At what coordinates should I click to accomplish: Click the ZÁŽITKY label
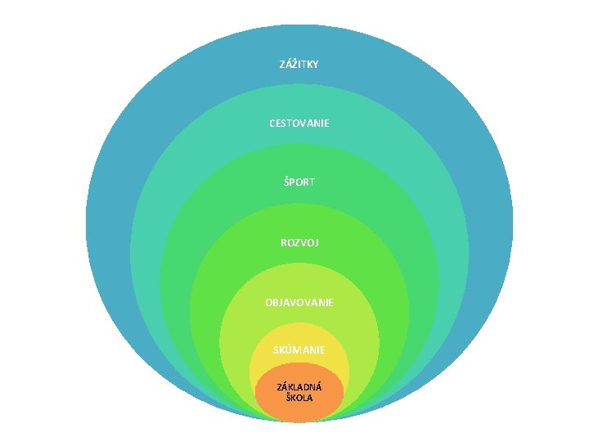[x=299, y=64]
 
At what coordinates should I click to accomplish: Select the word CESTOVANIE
[x=299, y=123]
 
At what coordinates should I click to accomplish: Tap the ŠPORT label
[x=299, y=183]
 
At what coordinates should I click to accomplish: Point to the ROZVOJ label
[x=299, y=242]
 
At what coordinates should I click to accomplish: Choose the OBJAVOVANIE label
[x=299, y=302]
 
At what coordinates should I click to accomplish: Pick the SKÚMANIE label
[x=299, y=350]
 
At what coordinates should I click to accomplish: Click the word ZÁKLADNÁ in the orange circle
[x=299, y=386]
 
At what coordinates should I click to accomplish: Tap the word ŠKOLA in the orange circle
[x=299, y=398]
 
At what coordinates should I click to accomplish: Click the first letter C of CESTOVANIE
[x=272, y=123]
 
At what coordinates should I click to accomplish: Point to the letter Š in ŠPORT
[x=286, y=183]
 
